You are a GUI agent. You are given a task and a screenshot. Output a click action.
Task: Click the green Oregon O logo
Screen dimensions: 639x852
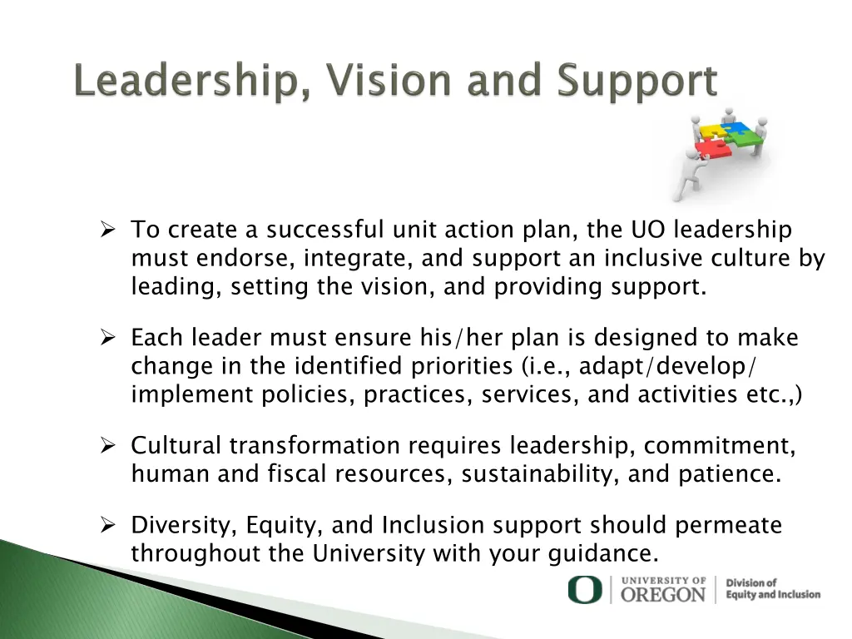[584, 590]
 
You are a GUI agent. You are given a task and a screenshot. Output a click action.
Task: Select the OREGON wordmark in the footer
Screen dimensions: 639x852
[663, 594]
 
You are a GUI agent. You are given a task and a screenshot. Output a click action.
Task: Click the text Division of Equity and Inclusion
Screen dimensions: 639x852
[772, 589]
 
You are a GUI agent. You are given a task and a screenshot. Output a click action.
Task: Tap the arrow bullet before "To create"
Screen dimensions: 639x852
[107, 230]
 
